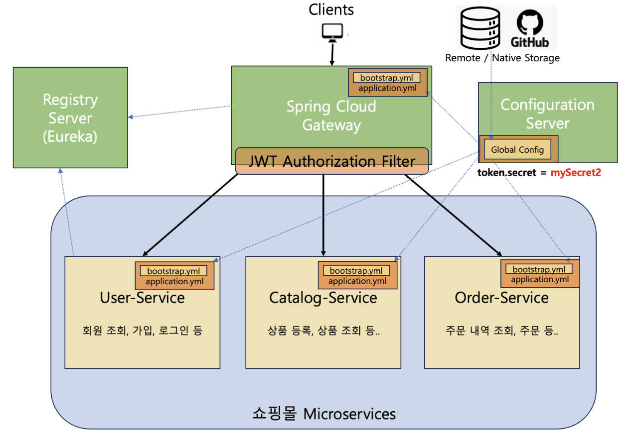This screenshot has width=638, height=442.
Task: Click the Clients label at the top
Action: point(331,9)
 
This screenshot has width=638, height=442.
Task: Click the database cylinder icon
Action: point(480,28)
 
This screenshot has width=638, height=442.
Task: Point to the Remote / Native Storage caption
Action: point(502,58)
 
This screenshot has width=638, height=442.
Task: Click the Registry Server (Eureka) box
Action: point(70,117)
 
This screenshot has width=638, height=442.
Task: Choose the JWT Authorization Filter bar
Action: point(332,161)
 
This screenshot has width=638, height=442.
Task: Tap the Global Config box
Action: point(517,149)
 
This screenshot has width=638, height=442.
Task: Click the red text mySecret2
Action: point(576,172)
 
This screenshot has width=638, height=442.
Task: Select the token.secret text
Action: point(507,172)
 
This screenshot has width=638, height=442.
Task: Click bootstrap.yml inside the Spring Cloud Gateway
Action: point(386,78)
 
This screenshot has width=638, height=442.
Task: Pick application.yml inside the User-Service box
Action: point(174,281)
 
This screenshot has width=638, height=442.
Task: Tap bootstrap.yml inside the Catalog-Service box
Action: point(356,270)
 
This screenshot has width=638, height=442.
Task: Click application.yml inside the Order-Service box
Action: point(540,279)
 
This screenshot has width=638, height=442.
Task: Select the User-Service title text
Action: point(143,298)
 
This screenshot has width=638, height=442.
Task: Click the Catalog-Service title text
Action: point(323,298)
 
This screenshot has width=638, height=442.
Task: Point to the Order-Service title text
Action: point(501,298)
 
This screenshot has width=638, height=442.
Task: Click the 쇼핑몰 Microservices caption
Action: point(324,414)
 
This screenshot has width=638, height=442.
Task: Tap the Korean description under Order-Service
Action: point(502,330)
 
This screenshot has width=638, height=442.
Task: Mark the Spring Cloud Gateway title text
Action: point(331,115)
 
